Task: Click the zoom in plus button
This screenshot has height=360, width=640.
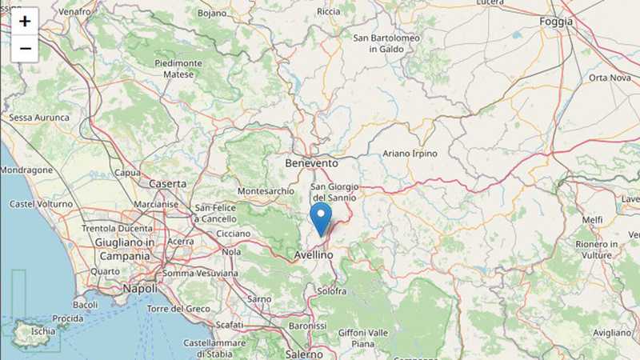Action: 25,21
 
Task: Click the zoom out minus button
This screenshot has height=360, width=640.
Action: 25,48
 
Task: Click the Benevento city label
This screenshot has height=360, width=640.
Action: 311,162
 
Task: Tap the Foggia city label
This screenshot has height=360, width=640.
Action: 556,22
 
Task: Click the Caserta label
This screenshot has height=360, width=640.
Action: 167,183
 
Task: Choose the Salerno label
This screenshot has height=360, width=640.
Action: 304,354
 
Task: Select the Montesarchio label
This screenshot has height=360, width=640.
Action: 266,192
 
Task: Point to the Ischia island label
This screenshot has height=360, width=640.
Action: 43,330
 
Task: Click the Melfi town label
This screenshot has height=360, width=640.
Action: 592,219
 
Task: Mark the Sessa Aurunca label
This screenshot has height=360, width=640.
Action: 38,118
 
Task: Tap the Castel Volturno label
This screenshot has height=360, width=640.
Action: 40,204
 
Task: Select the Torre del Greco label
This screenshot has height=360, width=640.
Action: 178,309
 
